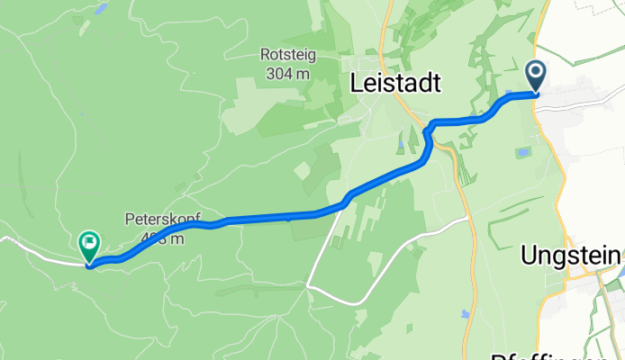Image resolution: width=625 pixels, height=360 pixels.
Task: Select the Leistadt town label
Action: [x=395, y=85]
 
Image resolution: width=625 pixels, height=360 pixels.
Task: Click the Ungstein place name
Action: [x=572, y=256]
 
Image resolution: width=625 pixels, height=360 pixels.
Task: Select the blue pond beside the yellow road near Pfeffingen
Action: [x=463, y=314]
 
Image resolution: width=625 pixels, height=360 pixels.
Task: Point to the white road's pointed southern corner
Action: [x=308, y=285]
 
